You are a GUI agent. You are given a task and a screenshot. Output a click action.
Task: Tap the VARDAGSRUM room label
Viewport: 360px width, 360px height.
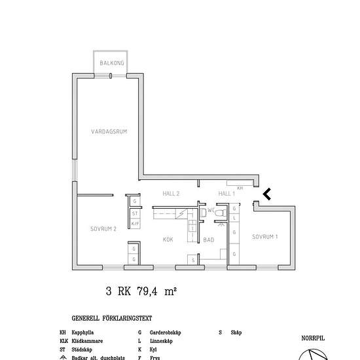[x=109, y=132]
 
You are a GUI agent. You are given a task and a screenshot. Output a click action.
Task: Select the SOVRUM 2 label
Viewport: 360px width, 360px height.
[x=103, y=228]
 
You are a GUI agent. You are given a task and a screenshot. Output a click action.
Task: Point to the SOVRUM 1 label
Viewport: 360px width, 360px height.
[x=265, y=236]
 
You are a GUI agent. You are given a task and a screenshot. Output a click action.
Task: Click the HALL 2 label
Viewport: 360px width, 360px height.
[x=171, y=194]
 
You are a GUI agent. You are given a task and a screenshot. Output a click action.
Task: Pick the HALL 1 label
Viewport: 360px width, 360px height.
[x=226, y=194]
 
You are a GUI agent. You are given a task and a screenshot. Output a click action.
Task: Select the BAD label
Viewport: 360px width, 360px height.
[x=208, y=240]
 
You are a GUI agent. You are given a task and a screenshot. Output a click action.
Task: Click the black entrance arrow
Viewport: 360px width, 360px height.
[x=266, y=193]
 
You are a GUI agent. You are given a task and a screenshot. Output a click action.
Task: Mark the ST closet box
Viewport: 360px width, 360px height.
[x=134, y=213]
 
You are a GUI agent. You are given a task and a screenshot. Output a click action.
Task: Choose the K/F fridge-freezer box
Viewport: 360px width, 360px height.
[x=134, y=224]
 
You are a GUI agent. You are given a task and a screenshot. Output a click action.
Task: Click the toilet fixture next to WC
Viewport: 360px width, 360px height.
[x=203, y=213]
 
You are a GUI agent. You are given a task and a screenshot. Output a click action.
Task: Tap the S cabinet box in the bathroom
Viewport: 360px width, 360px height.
[x=193, y=261]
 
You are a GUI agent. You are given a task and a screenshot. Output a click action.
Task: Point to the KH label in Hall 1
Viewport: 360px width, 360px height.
[x=240, y=188]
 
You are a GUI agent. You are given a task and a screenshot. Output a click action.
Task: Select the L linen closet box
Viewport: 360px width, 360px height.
[x=234, y=219]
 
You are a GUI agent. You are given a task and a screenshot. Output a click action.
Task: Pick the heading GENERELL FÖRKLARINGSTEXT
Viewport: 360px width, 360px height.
[x=112, y=319]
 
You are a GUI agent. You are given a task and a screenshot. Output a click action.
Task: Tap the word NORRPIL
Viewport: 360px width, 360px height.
[x=313, y=338]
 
